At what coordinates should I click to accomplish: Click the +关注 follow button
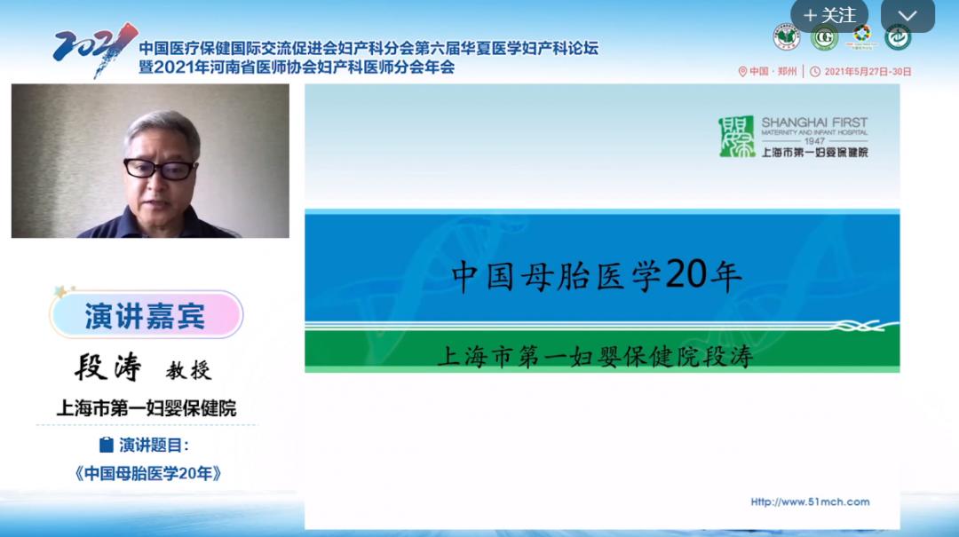tap(828, 15)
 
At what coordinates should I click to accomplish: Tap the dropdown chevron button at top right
tap(907, 15)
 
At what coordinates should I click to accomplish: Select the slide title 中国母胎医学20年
tap(597, 276)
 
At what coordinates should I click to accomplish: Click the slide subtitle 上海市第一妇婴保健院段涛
tap(594, 356)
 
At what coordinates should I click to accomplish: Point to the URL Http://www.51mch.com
tap(810, 501)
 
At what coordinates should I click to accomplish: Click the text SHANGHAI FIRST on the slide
tap(814, 122)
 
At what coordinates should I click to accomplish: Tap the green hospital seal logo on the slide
tap(736, 137)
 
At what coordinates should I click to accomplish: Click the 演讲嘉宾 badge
tap(146, 315)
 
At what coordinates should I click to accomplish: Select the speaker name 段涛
tap(108, 367)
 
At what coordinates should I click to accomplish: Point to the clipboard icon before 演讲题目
tap(107, 445)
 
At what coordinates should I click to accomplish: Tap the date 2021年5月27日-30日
tap(868, 71)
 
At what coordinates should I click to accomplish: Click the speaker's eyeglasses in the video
tap(160, 168)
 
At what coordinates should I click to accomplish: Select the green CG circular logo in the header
tap(825, 37)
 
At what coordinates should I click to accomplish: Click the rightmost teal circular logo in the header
tap(897, 37)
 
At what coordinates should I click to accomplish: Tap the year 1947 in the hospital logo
tap(814, 141)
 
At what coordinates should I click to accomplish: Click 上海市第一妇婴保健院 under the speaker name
tap(147, 408)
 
